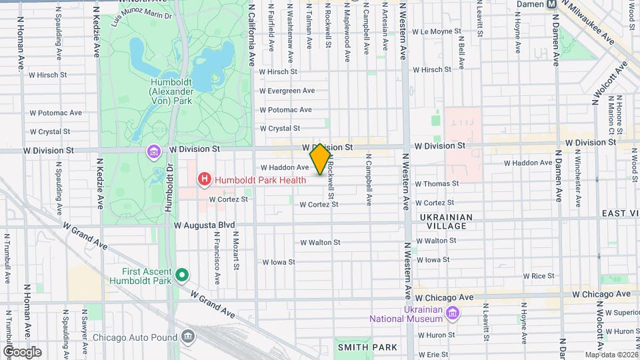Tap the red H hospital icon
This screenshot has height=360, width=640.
pos(205,179)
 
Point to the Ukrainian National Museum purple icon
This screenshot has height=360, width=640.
pos(453,313)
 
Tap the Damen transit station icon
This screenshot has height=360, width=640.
pos(551,4)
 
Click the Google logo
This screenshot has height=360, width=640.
pos(22,351)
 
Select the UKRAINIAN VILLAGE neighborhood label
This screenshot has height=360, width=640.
pos(446,222)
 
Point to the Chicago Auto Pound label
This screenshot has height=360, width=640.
pos(133,337)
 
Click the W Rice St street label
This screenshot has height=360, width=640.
pos(539,276)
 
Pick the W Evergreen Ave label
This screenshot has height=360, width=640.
pos(287,91)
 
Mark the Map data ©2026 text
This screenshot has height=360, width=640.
pos(610,355)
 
